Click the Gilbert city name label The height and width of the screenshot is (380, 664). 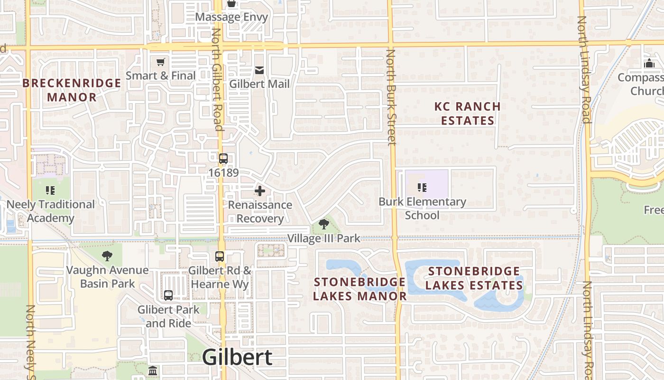tap(237, 357)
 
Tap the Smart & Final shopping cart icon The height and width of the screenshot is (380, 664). tap(161, 62)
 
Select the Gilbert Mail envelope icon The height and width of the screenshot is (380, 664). tap(259, 70)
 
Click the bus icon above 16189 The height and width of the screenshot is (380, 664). tap(223, 159)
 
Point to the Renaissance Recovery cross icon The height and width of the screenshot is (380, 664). tap(260, 191)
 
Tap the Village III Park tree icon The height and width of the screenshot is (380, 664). tap(324, 224)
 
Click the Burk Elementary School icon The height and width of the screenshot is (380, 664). tap(422, 188)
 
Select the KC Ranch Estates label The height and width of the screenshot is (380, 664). tap(468, 114)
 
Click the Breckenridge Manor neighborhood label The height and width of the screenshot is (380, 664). tap(72, 90)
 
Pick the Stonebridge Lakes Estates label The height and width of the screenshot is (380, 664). tap(474, 278)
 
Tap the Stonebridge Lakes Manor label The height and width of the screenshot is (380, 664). tap(360, 289)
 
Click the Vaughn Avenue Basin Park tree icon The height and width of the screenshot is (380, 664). tap(107, 256)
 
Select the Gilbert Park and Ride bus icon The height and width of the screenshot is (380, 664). tap(168, 295)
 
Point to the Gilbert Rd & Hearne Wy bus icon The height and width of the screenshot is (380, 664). tap(220, 256)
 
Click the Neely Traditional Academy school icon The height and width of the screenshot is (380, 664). tap(50, 190)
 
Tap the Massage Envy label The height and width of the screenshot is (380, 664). tap(231, 18)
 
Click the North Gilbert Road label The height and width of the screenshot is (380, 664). tap(217, 79)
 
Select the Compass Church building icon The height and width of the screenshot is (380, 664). tap(649, 63)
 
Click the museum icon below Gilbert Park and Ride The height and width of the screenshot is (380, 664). tap(153, 370)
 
